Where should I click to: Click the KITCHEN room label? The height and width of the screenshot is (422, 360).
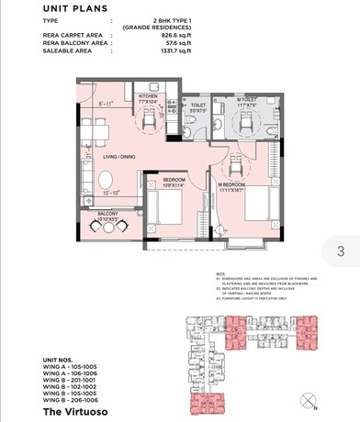tap(148, 96)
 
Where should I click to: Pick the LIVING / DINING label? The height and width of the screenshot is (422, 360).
tap(120, 158)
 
